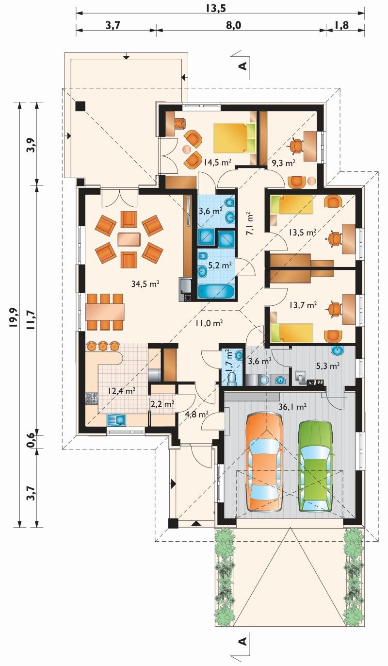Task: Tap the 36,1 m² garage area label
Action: point(292,406)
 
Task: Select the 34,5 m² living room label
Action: point(145,284)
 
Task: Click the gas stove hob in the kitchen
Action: point(92,399)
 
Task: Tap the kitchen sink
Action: point(117,420)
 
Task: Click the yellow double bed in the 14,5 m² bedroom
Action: point(234,138)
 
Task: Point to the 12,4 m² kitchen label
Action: point(122,391)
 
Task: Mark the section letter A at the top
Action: point(243,66)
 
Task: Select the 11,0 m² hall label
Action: point(209,323)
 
